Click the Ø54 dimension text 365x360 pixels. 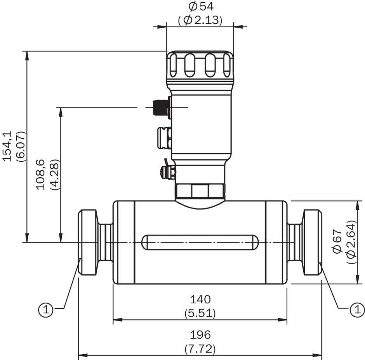[x=201, y=6]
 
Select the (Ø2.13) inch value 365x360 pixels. [x=200, y=20]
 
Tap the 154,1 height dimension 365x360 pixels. [x=7, y=146]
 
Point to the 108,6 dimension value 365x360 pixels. [x=40, y=175]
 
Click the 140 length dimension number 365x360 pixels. [x=200, y=299]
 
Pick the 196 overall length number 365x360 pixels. [x=200, y=335]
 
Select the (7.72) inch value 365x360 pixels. [x=200, y=349]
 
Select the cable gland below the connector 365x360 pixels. [x=164, y=138]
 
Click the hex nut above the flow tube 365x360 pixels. [x=200, y=191]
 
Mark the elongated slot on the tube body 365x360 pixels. [x=200, y=242]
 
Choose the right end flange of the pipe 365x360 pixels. [x=312, y=242]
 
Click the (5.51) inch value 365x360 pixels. [x=200, y=313]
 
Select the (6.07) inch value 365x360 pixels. [x=21, y=147]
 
